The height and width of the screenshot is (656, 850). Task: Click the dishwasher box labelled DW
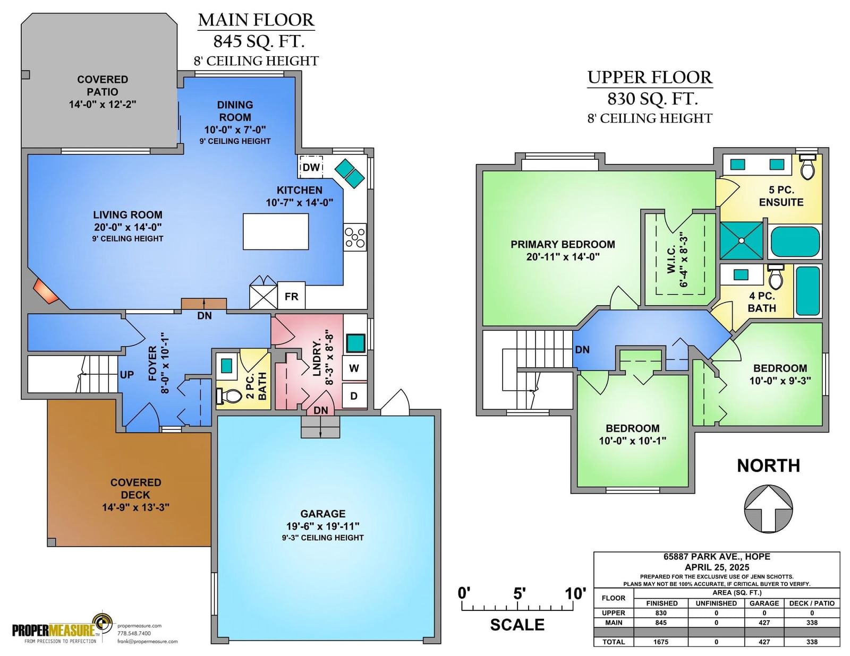point(310,167)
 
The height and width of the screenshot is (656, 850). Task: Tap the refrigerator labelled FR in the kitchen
point(291,296)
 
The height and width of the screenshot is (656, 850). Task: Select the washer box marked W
point(354,368)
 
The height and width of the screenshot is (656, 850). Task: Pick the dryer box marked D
point(354,396)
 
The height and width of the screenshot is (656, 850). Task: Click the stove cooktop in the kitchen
point(355,237)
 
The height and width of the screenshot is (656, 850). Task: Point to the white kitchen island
point(276,231)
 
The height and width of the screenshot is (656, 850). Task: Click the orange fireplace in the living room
point(45,291)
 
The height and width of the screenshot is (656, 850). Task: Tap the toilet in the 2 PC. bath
point(229,396)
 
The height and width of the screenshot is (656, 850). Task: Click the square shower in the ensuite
point(742,240)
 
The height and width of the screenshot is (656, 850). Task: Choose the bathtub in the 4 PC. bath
point(807,291)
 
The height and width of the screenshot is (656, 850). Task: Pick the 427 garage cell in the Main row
point(764,623)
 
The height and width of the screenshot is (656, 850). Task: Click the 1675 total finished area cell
point(661,642)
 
